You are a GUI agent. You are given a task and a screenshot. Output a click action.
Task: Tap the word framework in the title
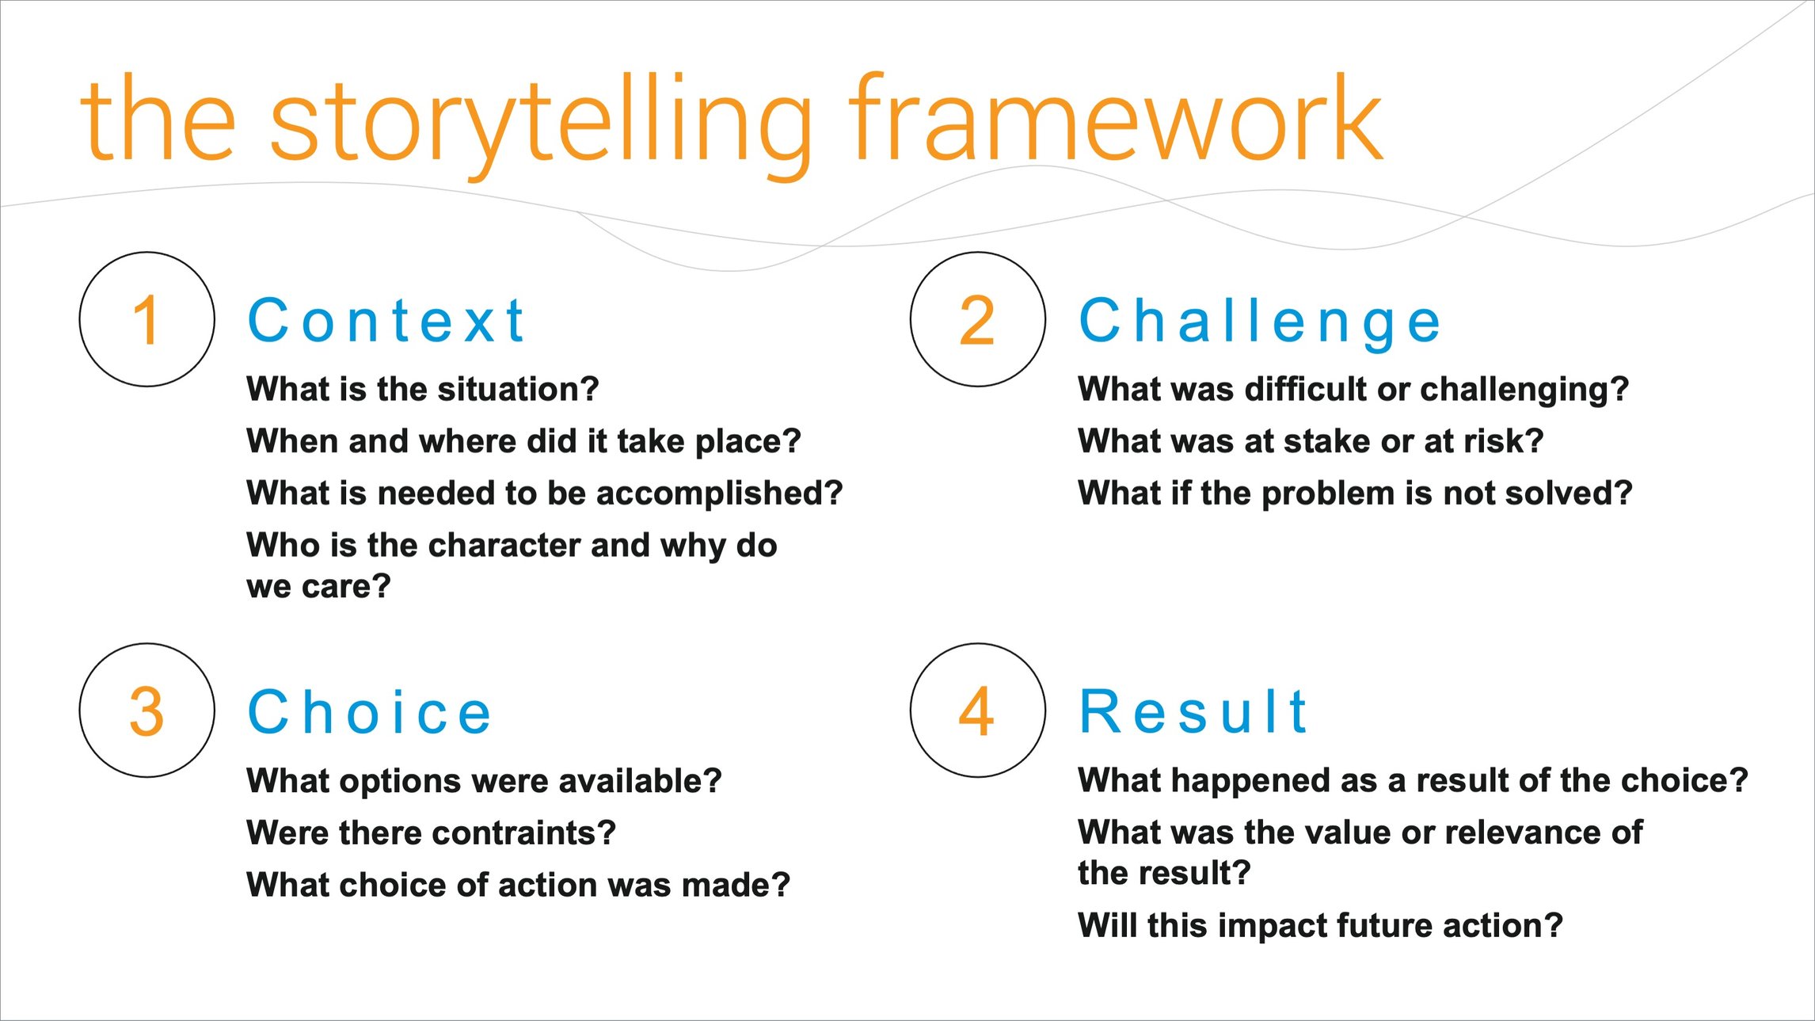[x=1115, y=119]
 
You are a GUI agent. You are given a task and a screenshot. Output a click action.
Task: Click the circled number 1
[x=147, y=320]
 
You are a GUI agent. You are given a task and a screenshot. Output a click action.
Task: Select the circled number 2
[x=977, y=320]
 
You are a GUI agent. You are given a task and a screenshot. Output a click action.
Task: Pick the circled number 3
[x=147, y=711]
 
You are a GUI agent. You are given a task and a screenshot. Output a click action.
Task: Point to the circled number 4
[x=977, y=711]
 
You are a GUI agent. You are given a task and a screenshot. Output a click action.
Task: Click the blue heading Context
[x=386, y=321]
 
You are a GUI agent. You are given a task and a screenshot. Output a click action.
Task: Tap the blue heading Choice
[x=370, y=712]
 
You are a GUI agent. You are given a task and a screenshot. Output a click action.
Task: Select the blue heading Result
[x=1193, y=711]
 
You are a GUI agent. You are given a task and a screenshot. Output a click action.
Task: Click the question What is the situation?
[x=422, y=389]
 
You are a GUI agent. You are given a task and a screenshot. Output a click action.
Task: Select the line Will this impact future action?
[x=1320, y=925]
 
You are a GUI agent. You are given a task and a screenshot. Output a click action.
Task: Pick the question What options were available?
[x=484, y=781]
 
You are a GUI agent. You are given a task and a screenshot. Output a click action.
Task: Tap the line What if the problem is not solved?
[x=1354, y=493]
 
